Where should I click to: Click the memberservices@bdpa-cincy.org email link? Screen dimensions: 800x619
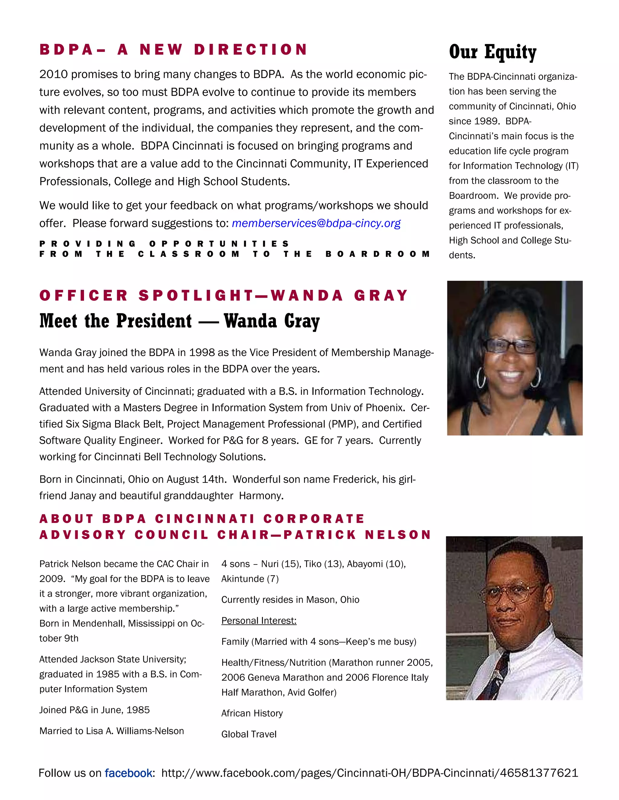click(316, 223)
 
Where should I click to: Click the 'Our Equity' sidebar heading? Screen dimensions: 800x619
click(492, 52)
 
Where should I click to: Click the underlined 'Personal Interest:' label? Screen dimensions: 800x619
click(258, 620)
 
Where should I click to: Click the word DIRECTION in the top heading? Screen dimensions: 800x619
click(251, 50)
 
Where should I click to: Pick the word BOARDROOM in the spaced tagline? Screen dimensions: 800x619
click(378, 254)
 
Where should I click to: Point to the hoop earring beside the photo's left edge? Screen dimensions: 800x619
click(481, 378)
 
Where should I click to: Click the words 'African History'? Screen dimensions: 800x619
click(252, 713)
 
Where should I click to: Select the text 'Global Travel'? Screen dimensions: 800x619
click(249, 734)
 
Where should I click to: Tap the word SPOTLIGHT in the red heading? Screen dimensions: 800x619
click(196, 295)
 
